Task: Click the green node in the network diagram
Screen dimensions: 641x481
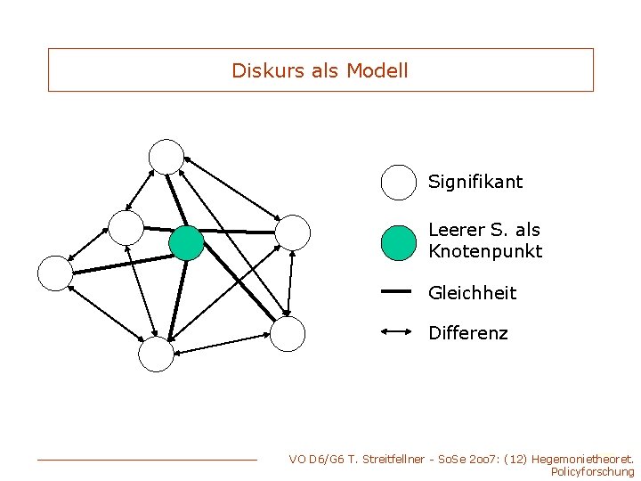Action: (x=187, y=242)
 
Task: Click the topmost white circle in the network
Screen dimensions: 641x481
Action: (x=166, y=157)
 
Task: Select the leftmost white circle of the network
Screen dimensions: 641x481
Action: (x=55, y=273)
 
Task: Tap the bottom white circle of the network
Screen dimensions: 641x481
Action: (x=156, y=355)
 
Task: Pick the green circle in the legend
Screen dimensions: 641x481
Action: (x=399, y=242)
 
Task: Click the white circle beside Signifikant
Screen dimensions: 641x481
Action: (x=399, y=182)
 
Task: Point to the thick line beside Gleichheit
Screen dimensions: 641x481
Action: (x=395, y=290)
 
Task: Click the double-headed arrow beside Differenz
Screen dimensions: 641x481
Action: (x=395, y=331)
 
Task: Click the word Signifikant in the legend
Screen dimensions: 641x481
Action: (x=475, y=182)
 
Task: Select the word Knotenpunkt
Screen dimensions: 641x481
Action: (x=485, y=251)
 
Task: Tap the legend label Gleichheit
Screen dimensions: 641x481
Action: (x=472, y=293)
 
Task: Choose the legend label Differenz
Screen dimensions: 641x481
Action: (x=468, y=333)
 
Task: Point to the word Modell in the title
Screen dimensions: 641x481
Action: (x=377, y=70)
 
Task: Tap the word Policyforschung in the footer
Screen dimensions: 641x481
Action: (x=593, y=472)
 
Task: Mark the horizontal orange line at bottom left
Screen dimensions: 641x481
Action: (x=147, y=460)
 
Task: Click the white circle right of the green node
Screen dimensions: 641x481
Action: (x=293, y=232)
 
